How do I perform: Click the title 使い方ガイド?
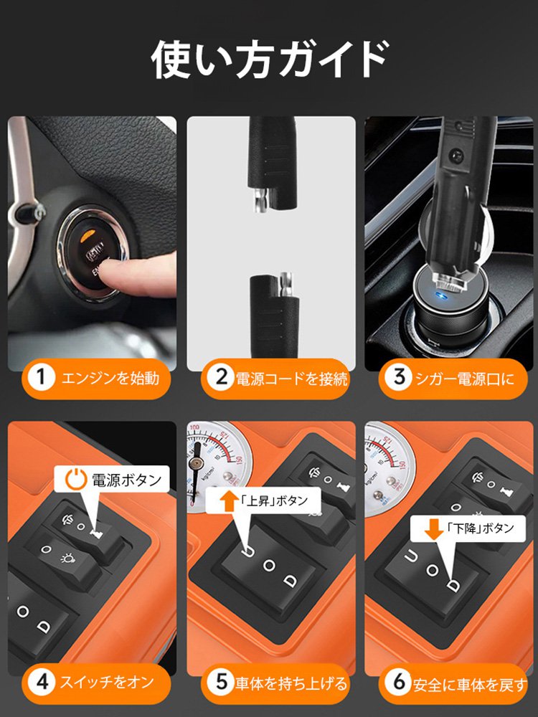[270, 59]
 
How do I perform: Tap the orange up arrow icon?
[227, 500]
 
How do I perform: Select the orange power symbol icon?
[76, 480]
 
